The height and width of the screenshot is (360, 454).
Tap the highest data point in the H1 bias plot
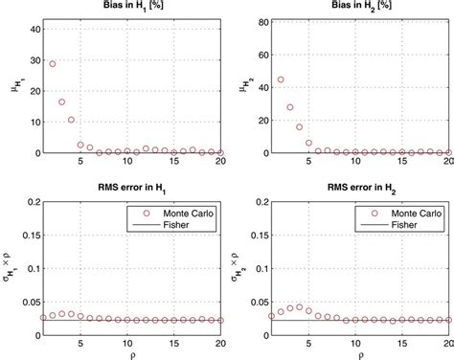pos(53,64)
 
